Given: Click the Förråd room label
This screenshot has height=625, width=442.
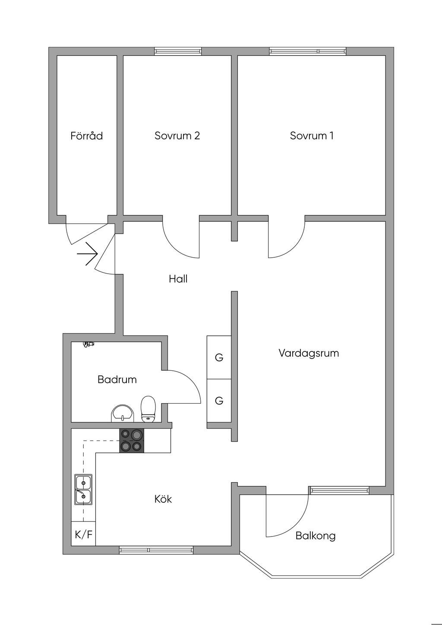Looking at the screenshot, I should pos(87,136).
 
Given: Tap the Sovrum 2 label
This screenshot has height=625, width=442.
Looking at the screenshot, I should pos(177,136).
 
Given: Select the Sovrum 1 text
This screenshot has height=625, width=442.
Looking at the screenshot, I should pos(312,136).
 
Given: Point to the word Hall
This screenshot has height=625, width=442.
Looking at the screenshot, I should pos(178,279).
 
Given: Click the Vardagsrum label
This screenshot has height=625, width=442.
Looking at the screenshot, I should pos(309,354).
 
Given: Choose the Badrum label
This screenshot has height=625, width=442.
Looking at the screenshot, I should pos(117,380).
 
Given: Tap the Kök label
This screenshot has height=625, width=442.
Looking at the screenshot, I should pos(163,499).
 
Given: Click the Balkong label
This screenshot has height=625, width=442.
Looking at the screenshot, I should pos(316,536).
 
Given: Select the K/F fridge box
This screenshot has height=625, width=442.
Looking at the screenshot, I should pos(83,535).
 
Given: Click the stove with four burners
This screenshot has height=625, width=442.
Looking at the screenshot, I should pos(132,441).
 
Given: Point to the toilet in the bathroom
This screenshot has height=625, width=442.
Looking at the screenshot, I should pos(148,409).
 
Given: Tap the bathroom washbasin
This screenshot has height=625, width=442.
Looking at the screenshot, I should pos(123,414).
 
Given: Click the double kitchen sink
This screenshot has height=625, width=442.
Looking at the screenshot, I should pos(83,489).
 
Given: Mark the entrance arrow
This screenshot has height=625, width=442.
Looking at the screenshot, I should pos(88,253).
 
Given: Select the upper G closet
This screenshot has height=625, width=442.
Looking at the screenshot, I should pos(219,357).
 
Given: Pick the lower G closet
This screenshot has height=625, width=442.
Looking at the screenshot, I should pos(219,401).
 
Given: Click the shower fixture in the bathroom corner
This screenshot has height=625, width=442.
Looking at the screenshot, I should pos(89,344).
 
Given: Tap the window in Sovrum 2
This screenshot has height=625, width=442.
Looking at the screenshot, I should pos(178,51).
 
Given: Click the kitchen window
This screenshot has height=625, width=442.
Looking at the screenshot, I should pos(156,550).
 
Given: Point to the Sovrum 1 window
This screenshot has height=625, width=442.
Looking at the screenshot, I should pos(308,51).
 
